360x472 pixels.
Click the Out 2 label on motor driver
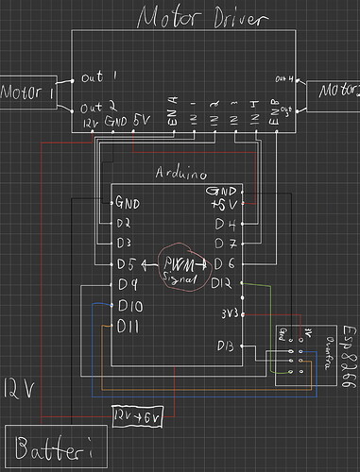click(x=99, y=107)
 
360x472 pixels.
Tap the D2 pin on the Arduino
click(x=125, y=224)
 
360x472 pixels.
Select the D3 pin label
click(x=125, y=243)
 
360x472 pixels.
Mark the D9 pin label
click(x=129, y=283)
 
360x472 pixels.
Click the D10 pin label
click(x=131, y=306)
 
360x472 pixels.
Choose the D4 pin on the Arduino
click(x=224, y=224)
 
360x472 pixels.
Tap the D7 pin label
click(x=224, y=243)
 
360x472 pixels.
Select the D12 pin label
click(x=224, y=283)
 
